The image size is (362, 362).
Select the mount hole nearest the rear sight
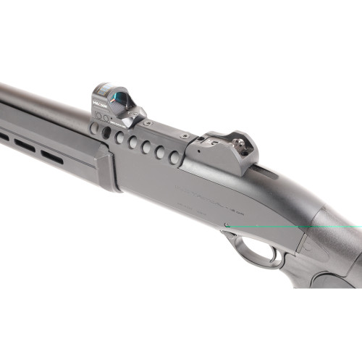tap(174, 157)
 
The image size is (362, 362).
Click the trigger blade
tap(274, 254)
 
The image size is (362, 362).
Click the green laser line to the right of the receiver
tap(340, 227)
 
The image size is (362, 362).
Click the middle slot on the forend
tap(24, 146)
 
